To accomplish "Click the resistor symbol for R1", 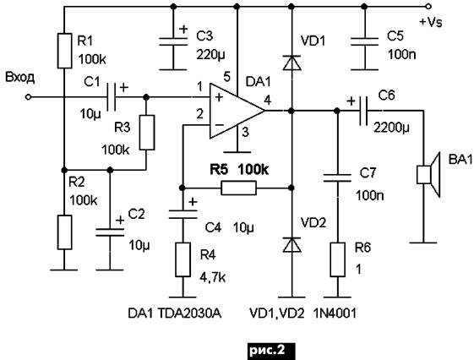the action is tap(64, 51).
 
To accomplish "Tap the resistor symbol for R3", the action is tap(147, 133).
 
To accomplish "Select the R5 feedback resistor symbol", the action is tap(239, 188).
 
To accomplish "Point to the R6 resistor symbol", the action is tap(337, 259).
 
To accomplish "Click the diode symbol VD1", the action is tap(291, 63).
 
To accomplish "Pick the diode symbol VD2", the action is tap(291, 244).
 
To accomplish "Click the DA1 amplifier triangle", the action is tap(237, 111).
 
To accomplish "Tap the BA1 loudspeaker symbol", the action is tap(428, 175).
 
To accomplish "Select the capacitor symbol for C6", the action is tap(362, 111).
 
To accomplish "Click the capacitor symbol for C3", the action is tap(173, 41).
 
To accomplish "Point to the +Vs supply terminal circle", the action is tap(428, 6).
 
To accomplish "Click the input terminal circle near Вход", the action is tap(28, 97).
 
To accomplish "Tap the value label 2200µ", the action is tap(391, 128).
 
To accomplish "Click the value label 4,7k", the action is tap(213, 277).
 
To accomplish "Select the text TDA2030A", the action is tap(190, 314).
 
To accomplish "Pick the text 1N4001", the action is tap(335, 314).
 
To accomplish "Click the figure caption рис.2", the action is tap(267, 351).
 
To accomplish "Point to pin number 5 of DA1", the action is tap(226, 77).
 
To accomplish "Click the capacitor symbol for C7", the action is tap(337, 178).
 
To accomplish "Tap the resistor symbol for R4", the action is tap(183, 259).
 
